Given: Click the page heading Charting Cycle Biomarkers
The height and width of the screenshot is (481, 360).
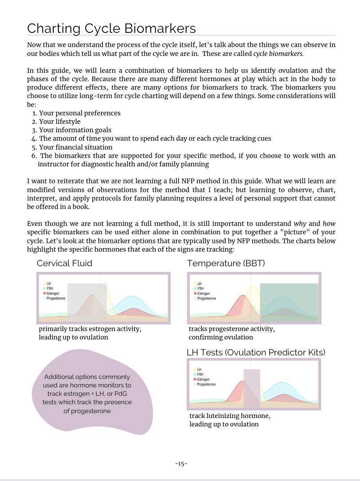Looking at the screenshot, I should [x=111, y=28].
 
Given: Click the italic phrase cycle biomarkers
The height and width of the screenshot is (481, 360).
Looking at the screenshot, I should [x=278, y=54].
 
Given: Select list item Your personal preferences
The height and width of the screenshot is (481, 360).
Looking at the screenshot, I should [x=79, y=113].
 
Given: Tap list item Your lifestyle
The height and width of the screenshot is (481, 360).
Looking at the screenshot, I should [x=59, y=122].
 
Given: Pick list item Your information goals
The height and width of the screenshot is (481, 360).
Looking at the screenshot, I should [x=75, y=130].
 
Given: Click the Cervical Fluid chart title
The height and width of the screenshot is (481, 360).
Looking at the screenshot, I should [x=65, y=263].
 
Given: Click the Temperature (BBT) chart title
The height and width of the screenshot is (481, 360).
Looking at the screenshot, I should [x=226, y=263].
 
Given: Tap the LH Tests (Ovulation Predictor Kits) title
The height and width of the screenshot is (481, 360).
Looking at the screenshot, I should [x=256, y=352].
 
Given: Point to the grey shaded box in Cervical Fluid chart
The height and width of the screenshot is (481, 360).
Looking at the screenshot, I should [x=86, y=302].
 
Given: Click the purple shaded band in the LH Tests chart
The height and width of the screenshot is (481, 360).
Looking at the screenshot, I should [x=252, y=388].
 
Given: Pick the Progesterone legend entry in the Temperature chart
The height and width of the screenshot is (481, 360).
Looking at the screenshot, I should [x=206, y=299].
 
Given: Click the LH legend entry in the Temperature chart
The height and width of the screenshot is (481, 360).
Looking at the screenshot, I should [x=199, y=284].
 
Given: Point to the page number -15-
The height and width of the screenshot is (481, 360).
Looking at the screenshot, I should [x=181, y=464].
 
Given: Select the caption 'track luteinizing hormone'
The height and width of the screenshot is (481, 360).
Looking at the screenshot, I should [x=230, y=416].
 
